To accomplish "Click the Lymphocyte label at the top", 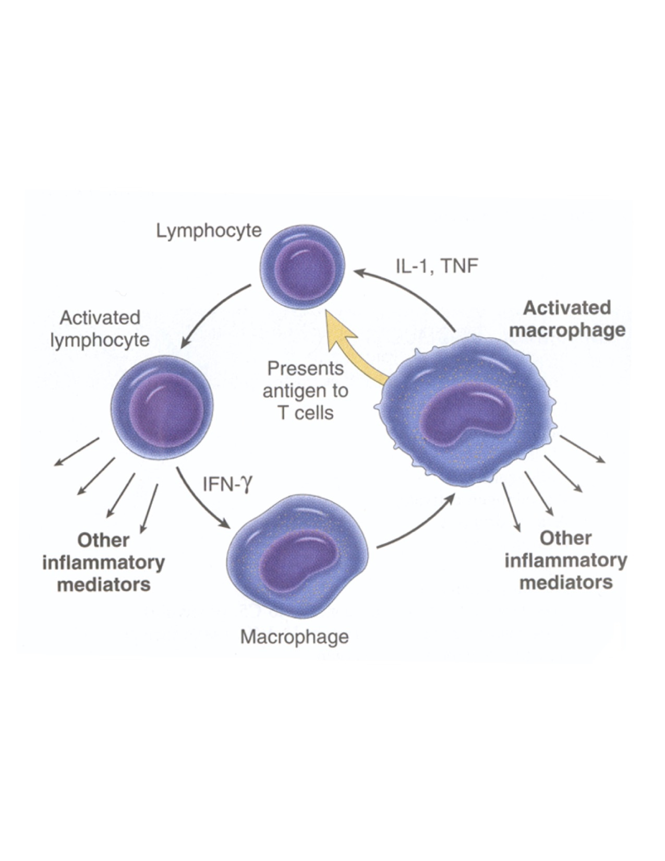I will (209, 230).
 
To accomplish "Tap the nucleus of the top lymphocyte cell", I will (305, 270).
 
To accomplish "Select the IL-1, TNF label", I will (437, 266).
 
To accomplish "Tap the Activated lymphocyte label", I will (100, 329).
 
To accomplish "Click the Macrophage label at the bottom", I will (295, 637).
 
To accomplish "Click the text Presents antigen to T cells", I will (305, 390).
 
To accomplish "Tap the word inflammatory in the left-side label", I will (103, 563).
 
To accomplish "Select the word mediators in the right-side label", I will (566, 582).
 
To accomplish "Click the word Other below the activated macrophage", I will (565, 538).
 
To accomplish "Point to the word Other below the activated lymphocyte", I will (103, 540).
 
